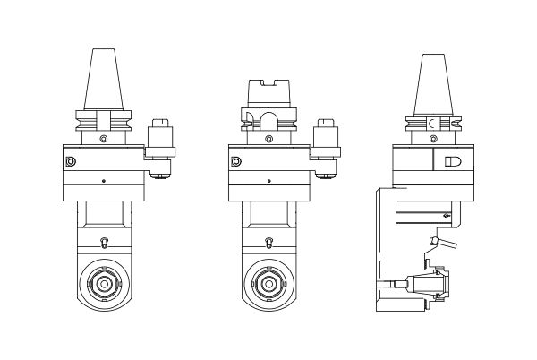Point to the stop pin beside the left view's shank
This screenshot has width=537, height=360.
click(162, 143)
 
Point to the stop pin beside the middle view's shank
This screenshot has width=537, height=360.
click(325, 143)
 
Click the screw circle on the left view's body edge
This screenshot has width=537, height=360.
click(72, 162)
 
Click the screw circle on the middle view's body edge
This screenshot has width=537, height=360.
click(235, 162)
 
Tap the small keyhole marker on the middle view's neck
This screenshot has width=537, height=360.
click(268, 242)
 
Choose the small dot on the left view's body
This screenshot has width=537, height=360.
click(104, 182)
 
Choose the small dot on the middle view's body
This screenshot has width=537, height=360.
click(268, 182)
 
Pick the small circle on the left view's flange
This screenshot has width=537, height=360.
click(103, 139)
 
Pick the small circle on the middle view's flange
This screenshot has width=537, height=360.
click(268, 139)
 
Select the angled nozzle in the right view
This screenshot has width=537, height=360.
click(445, 243)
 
